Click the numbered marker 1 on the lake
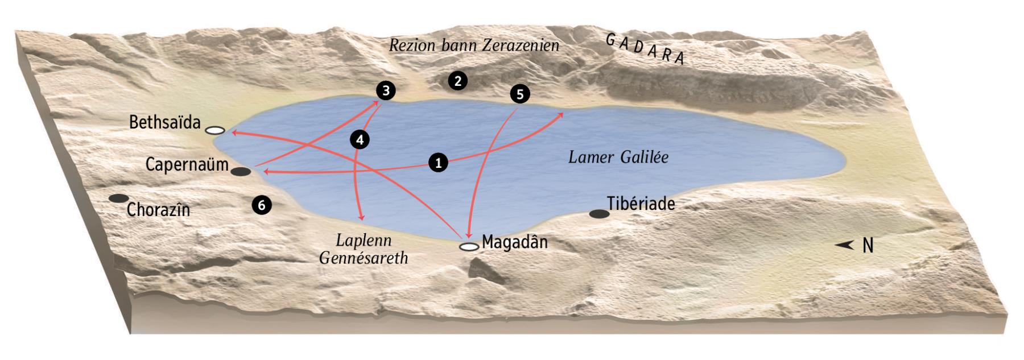pos(438,163)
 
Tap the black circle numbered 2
pos(457,81)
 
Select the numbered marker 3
pos(386,90)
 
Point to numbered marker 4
pos(360,139)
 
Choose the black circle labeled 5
pos(519,94)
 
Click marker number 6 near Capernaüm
pos(261,205)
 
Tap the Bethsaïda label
pos(165,122)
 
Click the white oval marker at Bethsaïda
pos(215,130)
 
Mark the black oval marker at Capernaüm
pos(241,171)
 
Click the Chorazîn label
pos(158,210)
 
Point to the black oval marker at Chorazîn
pos(119,198)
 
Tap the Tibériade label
pos(641,204)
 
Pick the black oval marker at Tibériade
pos(598,214)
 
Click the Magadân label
pos(515,242)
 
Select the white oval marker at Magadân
pos(469,247)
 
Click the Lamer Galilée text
pos(618,158)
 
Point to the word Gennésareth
pos(364,258)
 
